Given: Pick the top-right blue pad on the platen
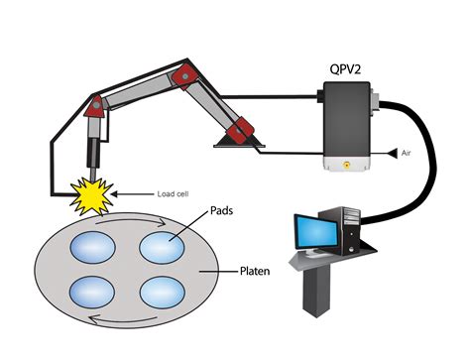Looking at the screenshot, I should click(166, 246).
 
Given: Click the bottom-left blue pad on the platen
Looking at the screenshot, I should click(93, 293).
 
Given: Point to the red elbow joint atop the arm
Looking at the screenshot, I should click(181, 74).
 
